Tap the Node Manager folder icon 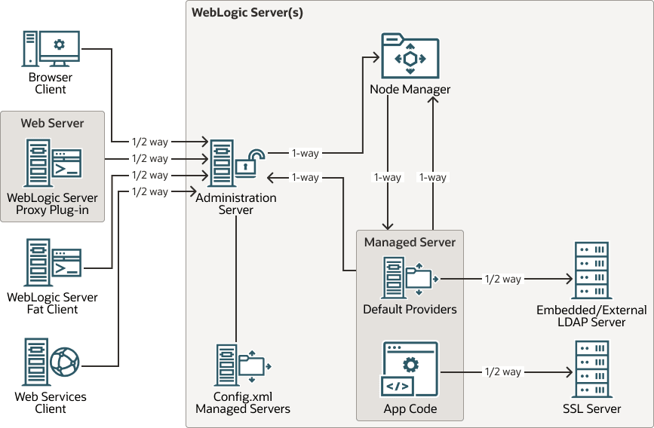pos(410,56)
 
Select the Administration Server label pos(236,203)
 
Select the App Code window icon pos(410,369)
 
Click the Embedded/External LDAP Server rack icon pos(592,271)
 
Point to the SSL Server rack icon pos(592,369)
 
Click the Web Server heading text pos(52,123)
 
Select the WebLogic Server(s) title pos(247,13)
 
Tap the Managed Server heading pos(410,242)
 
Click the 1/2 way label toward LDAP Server pos(502,279)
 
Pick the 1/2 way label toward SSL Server pos(502,371)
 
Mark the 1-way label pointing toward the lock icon pos(305,177)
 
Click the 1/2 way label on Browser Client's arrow pos(149,141)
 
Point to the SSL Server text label pos(592,408)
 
